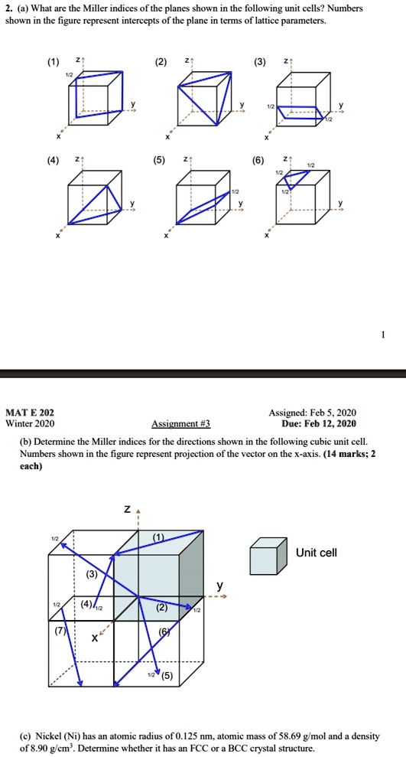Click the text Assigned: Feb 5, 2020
tap(313, 412)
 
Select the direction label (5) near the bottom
tap(167, 676)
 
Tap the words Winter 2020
tap(30, 423)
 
